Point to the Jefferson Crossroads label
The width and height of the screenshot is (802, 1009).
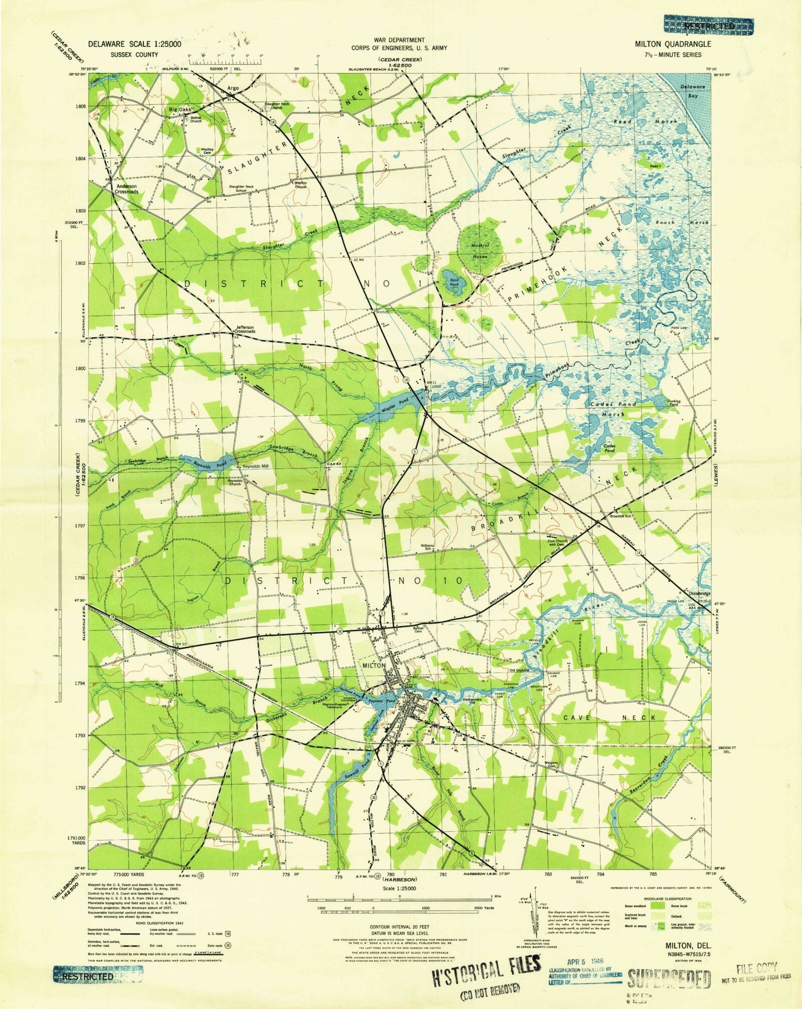click(245, 329)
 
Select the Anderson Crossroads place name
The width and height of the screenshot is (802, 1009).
click(126, 189)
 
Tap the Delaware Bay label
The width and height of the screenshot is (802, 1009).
click(693, 91)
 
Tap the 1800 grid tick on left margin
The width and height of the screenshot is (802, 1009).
click(80, 368)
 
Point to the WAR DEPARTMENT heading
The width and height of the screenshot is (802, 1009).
click(399, 40)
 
